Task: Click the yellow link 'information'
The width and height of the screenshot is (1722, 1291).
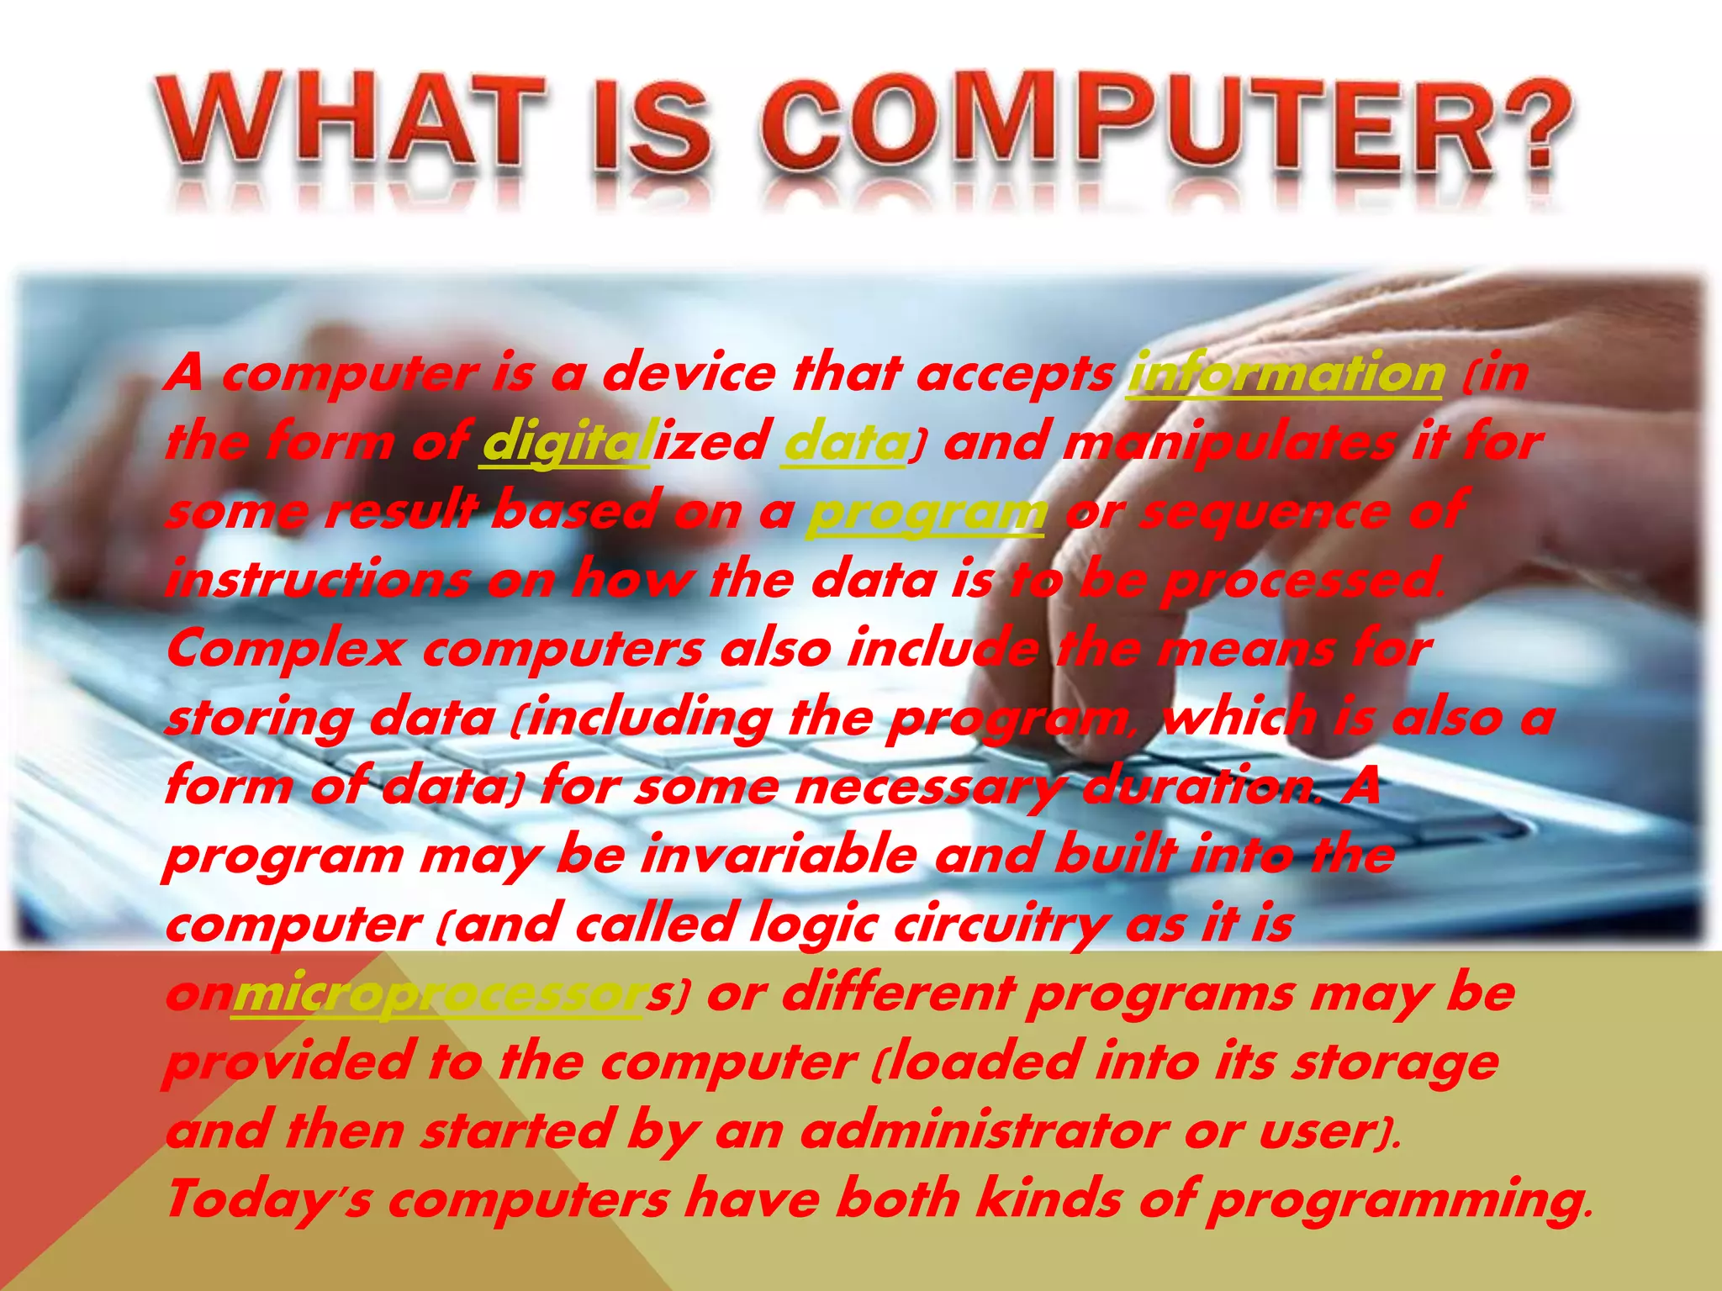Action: pos(1286,372)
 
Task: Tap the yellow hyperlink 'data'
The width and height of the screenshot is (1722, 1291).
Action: pos(845,441)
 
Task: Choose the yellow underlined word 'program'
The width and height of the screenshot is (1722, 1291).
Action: pos(926,511)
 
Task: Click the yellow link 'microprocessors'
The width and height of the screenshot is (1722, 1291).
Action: pos(437,994)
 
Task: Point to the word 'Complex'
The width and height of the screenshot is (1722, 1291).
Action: pos(285,649)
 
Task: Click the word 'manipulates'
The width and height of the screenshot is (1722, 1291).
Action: pos(1228,441)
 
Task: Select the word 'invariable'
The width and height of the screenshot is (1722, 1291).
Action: pos(779,856)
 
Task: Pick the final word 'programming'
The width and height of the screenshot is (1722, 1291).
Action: pos(1396,1199)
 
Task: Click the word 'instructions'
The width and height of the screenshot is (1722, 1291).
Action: pos(318,580)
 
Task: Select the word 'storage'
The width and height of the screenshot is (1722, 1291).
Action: pos(1396,1062)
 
